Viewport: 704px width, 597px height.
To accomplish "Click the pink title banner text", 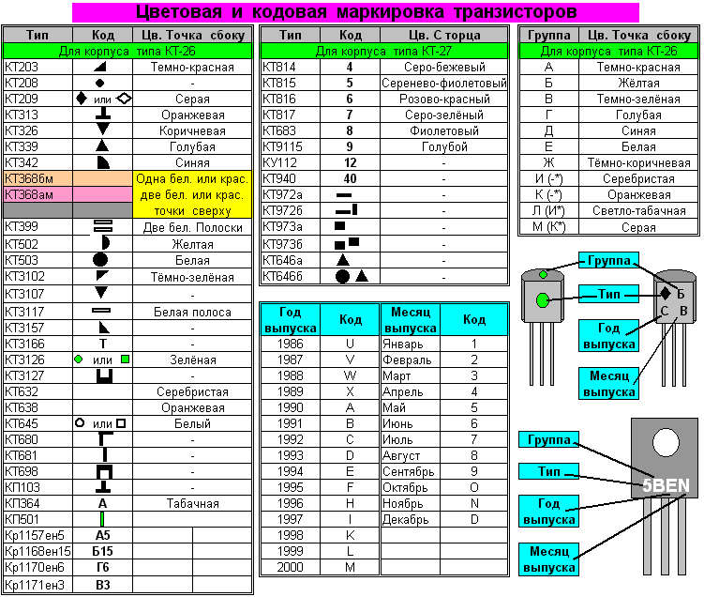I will [x=355, y=12].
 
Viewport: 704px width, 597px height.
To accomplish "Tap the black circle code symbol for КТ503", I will [x=101, y=259].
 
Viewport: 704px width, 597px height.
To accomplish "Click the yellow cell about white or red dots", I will [x=192, y=194].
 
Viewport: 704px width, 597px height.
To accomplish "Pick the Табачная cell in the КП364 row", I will [x=192, y=502].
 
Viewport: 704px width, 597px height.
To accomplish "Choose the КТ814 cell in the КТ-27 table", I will [x=279, y=68].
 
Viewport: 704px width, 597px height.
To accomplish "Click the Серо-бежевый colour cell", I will [x=443, y=68].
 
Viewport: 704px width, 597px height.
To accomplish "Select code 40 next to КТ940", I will [x=350, y=178].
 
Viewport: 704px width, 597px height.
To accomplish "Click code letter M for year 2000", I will [x=350, y=567].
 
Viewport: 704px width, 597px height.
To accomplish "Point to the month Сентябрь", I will [x=409, y=471].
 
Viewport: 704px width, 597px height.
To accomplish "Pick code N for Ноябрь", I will [x=474, y=503].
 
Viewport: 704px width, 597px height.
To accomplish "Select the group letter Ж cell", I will [x=548, y=162].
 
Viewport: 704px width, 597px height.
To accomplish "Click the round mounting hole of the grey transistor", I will [x=666, y=441].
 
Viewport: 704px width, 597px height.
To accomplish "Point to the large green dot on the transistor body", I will [x=543, y=300].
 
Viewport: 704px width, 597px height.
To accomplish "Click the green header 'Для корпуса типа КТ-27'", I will [x=383, y=51].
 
